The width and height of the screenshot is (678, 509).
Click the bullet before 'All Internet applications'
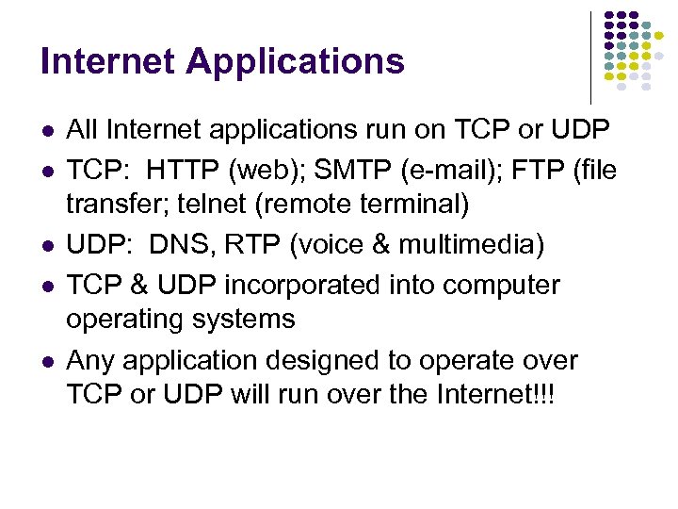tap(46, 129)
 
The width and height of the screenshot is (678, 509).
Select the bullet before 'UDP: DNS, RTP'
tap(46, 246)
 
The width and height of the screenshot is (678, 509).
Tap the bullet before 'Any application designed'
tap(46, 361)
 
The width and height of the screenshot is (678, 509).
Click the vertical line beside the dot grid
tap(590, 57)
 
